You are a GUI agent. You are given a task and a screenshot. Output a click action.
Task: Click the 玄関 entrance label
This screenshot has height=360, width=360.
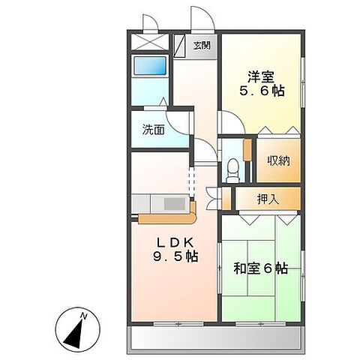click(202, 45)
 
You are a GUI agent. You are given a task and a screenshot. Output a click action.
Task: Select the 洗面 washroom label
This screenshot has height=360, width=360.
click(154, 128)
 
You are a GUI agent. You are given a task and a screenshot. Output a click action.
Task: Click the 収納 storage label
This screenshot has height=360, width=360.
click(279, 161)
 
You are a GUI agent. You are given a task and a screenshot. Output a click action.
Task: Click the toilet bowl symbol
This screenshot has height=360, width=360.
click(232, 166)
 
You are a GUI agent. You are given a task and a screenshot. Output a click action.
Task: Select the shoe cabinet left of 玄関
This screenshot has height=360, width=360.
click(180, 45)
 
